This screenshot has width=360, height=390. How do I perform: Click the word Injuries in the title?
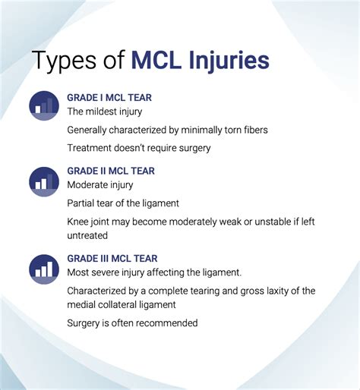[x=229, y=61]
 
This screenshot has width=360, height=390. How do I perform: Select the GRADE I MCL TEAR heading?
[x=109, y=98]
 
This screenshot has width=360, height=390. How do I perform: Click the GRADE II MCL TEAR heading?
[x=111, y=171]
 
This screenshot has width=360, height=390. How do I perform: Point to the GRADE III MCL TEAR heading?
[x=112, y=259]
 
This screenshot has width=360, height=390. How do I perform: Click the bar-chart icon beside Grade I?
[x=44, y=105]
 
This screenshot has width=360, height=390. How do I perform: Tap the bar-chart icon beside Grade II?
[x=44, y=181]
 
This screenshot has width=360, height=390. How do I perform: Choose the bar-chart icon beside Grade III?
[x=44, y=269]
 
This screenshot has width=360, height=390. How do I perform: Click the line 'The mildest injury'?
[x=105, y=112]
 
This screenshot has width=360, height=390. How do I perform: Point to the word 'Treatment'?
[x=89, y=148]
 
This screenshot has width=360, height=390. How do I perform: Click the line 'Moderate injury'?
[x=100, y=185]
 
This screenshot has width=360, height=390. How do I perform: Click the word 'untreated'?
[x=87, y=236]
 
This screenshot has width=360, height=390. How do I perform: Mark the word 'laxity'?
[x=276, y=291]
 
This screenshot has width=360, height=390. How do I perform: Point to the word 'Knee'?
[x=77, y=222]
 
